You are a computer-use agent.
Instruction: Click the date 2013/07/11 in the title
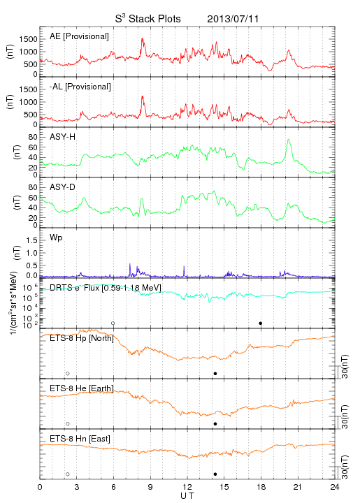coord(233,19)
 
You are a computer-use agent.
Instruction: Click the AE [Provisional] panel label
coord(79,36)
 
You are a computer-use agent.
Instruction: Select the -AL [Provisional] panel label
coord(80,87)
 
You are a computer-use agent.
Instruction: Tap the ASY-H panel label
coord(63,137)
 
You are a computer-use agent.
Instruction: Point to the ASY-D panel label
coord(63,187)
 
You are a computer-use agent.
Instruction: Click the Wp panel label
coord(56,238)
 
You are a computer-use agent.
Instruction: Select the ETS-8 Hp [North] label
coord(82,338)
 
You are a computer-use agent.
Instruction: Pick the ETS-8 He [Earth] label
coord(82,388)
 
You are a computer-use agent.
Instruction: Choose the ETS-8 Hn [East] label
coord(80,439)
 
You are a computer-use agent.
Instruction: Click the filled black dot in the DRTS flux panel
coord(261,323)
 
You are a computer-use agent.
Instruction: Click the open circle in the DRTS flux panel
coord(113,323)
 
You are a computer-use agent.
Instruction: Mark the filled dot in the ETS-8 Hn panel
coord(215,474)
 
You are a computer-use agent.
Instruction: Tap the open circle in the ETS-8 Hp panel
coord(68,374)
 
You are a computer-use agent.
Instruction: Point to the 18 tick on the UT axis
coord(261,487)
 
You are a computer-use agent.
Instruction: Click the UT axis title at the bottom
coord(187,496)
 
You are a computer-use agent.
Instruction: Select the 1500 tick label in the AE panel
coord(28,39)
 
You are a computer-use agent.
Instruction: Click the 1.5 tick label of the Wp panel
coord(31,240)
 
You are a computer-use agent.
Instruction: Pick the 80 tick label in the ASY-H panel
coord(33,137)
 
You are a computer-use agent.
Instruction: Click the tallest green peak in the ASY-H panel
coord(289,140)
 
